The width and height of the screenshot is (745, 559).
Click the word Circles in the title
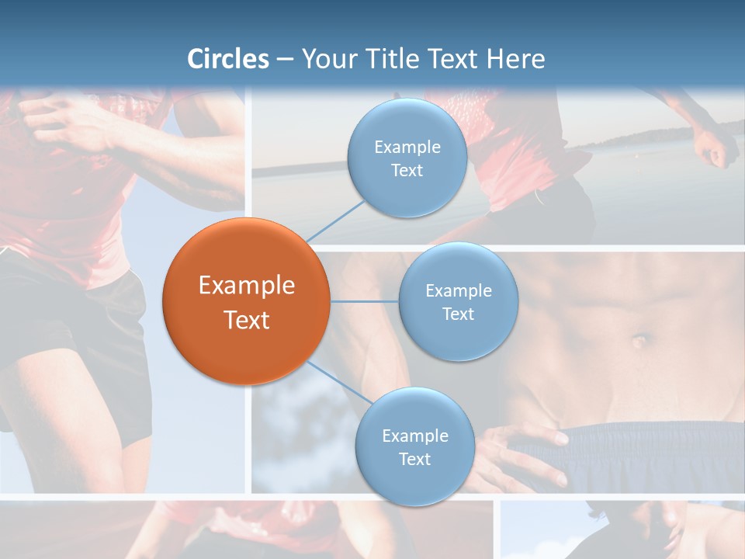[228, 59]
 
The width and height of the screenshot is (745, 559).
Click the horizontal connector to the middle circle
[364, 301]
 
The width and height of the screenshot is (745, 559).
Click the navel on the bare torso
[639, 340]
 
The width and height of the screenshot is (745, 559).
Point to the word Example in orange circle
[247, 286]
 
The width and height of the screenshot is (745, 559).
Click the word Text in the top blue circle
[407, 171]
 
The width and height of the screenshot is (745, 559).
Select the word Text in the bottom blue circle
[414, 459]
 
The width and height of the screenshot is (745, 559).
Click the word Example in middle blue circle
[458, 291]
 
